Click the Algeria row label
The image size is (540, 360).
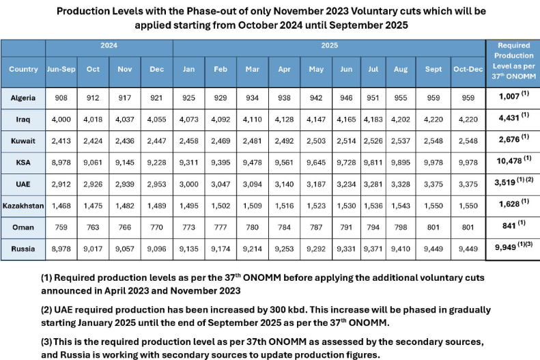23,97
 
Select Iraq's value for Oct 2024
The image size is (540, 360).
93,119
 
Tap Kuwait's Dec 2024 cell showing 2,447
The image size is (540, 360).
156,140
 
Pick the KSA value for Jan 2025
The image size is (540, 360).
188,162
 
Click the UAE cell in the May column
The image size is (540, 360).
316,184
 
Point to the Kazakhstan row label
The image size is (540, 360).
23,206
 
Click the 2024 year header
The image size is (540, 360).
109,46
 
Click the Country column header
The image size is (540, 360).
23,69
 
